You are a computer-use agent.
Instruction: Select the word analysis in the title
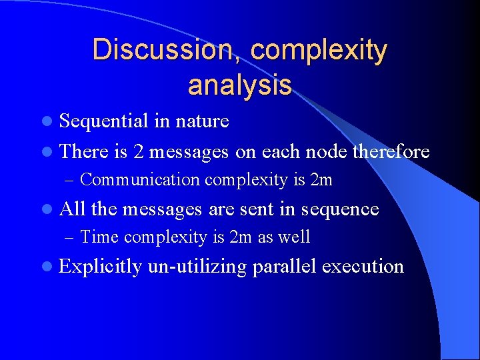(240, 85)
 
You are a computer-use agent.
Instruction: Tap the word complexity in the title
(319, 51)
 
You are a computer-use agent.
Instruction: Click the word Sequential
(103, 121)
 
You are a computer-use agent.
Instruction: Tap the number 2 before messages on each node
(137, 152)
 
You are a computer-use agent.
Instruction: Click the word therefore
(391, 152)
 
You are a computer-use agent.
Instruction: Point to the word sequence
(339, 209)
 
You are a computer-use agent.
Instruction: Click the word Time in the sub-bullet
(99, 237)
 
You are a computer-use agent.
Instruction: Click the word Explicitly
(101, 267)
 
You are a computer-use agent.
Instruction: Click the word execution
(363, 267)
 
